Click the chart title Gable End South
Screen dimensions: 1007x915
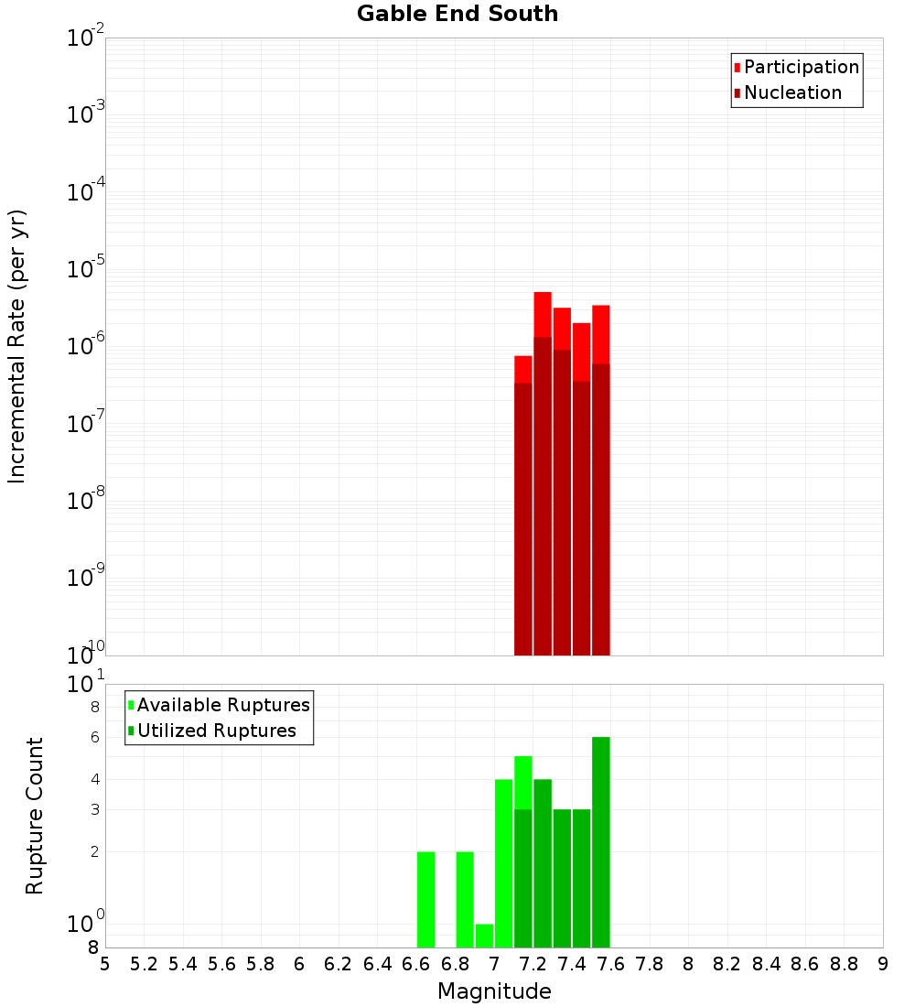457,14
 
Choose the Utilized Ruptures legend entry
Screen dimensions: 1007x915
216,731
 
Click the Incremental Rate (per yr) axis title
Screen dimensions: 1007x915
16,346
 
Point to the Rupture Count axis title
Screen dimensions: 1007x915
35,816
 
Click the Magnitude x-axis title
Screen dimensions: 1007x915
494,991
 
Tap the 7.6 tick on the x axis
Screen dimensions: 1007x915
610,964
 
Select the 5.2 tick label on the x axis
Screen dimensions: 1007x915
144,964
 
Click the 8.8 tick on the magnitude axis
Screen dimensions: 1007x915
844,964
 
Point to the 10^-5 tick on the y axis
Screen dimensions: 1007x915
86,269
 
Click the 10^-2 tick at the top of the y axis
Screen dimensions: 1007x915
86,38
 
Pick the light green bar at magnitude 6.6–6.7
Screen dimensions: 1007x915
425,899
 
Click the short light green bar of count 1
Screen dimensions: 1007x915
484,936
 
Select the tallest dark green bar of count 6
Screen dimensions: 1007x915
600,842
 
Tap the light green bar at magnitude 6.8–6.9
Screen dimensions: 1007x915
465,899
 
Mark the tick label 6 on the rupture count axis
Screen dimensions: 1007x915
94,737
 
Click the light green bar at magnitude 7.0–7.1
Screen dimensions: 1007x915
503,862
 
